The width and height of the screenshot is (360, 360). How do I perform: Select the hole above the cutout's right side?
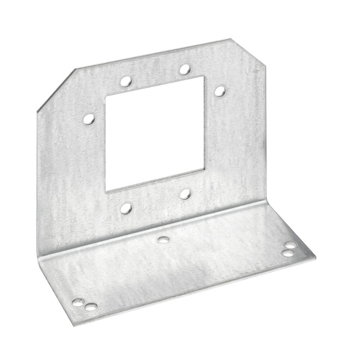click(185, 69)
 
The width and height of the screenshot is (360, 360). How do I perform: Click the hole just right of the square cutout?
click(220, 91)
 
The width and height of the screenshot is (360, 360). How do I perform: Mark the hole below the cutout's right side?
click(185, 193)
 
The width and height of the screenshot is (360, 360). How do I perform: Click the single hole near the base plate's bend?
click(163, 240)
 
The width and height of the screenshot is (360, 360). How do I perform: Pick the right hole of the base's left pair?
click(91, 307)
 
